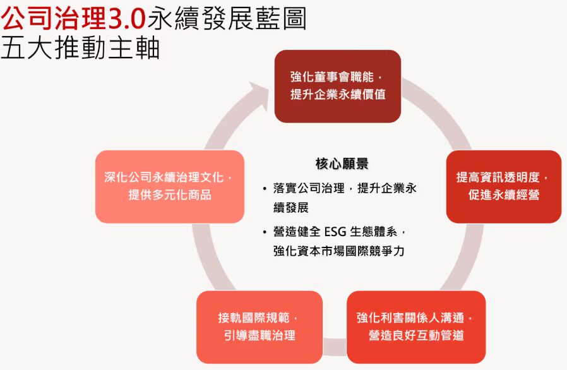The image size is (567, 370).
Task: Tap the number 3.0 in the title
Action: (x=127, y=19)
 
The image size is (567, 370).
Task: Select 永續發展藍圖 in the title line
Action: (x=227, y=18)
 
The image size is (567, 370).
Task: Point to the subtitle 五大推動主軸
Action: (x=80, y=48)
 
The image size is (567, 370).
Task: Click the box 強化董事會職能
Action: (x=338, y=86)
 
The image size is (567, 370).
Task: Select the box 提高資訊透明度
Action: (x=504, y=186)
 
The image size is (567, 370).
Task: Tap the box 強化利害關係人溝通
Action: (x=416, y=327)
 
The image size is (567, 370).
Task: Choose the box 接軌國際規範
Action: (x=260, y=327)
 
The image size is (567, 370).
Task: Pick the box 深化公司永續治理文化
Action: (x=170, y=186)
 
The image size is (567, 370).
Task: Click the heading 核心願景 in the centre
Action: (x=342, y=164)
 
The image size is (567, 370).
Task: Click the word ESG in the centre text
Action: (x=335, y=232)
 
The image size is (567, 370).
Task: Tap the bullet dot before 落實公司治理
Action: (x=265, y=189)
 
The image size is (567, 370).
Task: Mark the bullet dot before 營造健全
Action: (x=265, y=232)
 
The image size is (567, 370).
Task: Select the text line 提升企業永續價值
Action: (x=338, y=95)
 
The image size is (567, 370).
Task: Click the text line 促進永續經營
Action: (x=504, y=195)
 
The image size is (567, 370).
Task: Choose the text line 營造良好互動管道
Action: (x=416, y=335)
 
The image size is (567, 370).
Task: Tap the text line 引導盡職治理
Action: (x=260, y=335)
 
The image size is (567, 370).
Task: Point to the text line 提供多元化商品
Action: (x=170, y=195)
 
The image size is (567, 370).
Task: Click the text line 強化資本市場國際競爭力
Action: (x=339, y=251)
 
